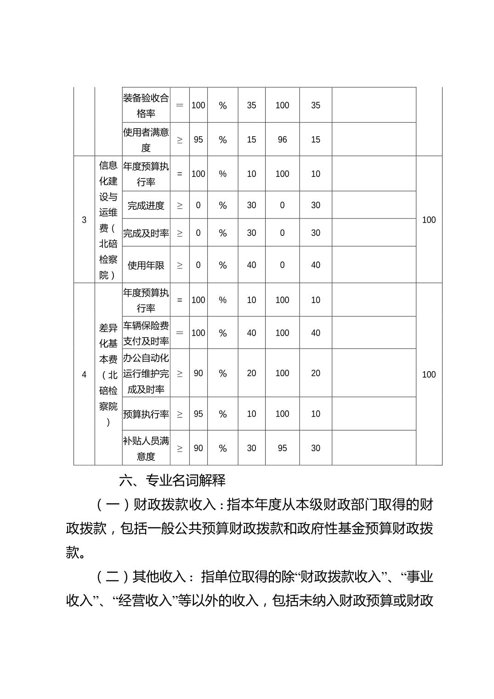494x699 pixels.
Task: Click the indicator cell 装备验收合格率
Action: (x=146, y=105)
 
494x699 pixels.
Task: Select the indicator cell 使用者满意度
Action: (x=146, y=140)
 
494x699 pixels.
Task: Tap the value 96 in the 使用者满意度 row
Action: (x=282, y=140)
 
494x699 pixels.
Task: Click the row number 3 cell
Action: (x=84, y=220)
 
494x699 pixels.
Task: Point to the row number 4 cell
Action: (x=84, y=374)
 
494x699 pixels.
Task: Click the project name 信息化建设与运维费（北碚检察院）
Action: (x=108, y=220)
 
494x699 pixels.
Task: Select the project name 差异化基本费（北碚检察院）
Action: (x=108, y=374)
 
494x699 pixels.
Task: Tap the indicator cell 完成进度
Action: (x=146, y=206)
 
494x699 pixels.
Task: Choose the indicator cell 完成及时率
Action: (x=146, y=233)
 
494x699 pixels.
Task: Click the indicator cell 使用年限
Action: (x=146, y=265)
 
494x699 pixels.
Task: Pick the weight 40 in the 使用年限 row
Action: (x=251, y=265)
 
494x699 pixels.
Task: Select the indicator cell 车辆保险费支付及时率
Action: (x=146, y=333)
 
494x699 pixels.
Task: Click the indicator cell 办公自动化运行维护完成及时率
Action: (x=146, y=373)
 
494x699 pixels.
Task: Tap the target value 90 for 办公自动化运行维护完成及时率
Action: (x=198, y=373)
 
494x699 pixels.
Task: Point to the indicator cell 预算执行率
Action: (x=146, y=414)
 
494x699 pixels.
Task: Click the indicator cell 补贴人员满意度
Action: (x=146, y=448)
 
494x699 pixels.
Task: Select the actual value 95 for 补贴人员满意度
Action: (x=282, y=448)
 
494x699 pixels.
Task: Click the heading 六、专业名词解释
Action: (x=172, y=481)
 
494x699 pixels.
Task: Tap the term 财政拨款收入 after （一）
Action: (x=174, y=504)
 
